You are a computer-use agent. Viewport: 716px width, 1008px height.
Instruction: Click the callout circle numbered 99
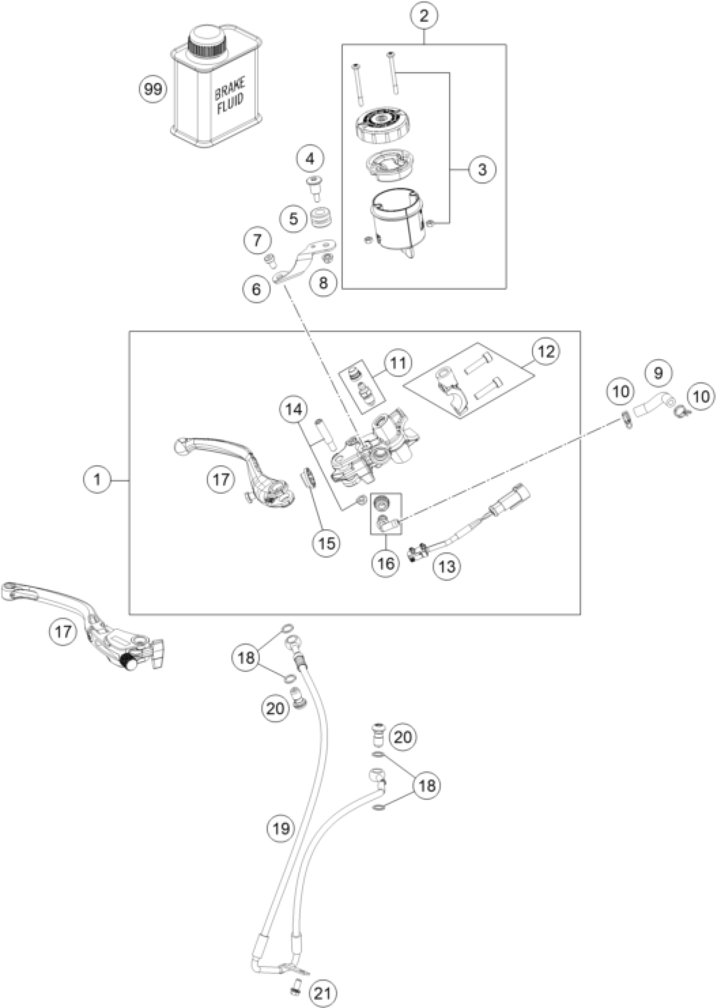[153, 89]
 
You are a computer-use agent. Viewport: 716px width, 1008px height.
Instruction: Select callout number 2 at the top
[424, 17]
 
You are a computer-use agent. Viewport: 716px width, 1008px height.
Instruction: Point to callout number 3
[482, 169]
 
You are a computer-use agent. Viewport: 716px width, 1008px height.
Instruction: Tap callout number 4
[310, 159]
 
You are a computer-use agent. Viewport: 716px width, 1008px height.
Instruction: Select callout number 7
[257, 241]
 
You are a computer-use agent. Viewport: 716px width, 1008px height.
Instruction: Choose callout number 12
[545, 352]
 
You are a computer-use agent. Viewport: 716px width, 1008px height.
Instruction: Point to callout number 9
[658, 373]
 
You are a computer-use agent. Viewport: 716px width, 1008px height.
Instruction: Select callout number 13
[446, 566]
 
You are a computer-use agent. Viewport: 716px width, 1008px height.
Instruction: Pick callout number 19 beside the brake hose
[281, 829]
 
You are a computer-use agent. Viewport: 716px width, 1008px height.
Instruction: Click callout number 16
[386, 563]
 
